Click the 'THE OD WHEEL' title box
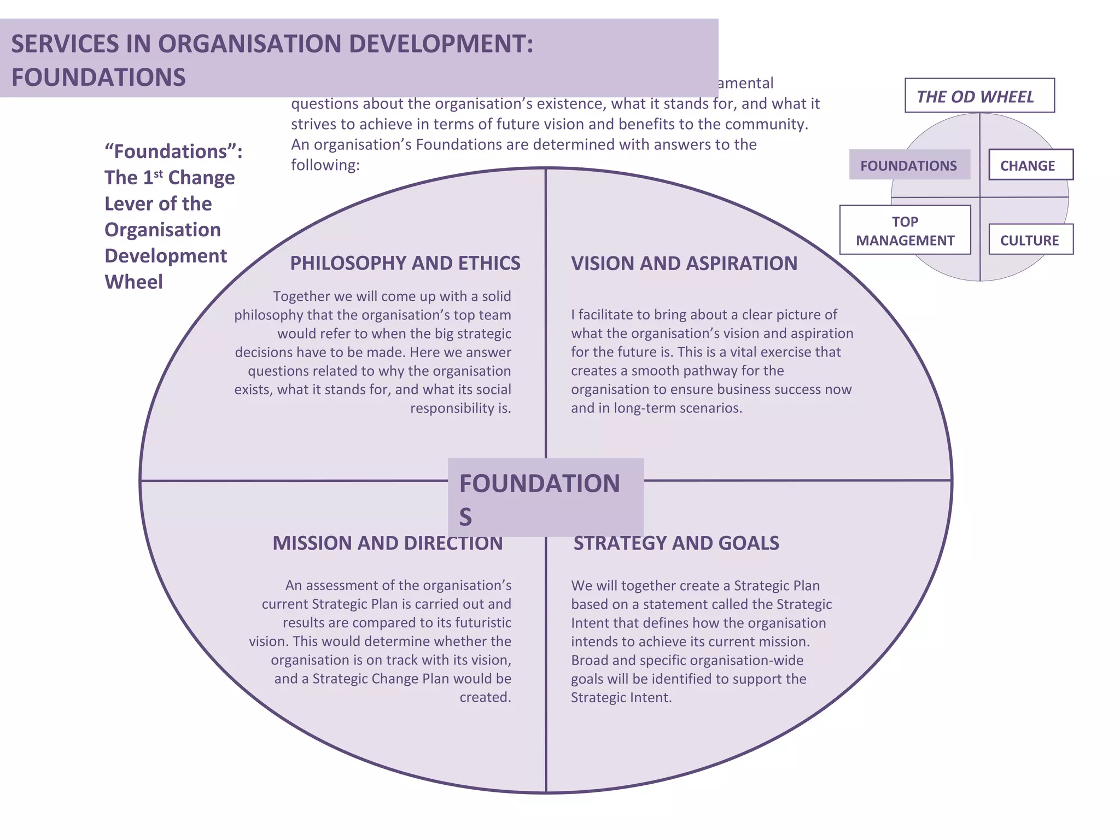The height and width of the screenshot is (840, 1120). click(979, 96)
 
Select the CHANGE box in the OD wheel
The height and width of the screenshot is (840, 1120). click(1030, 165)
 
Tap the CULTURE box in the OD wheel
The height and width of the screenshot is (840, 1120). click(1030, 240)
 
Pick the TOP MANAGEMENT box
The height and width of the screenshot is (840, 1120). click(905, 230)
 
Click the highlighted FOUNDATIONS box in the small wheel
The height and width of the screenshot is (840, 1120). click(909, 165)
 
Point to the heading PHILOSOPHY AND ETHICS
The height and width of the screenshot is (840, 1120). click(405, 263)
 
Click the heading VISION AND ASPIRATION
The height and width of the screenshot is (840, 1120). click(684, 263)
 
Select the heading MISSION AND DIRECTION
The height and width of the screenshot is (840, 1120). click(387, 543)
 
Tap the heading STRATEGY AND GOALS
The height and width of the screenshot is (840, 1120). click(676, 543)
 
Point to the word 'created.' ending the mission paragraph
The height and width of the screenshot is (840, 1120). click(485, 697)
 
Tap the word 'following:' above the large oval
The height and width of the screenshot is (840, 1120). click(325, 165)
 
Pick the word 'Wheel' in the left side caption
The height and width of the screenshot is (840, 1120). click(133, 282)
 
